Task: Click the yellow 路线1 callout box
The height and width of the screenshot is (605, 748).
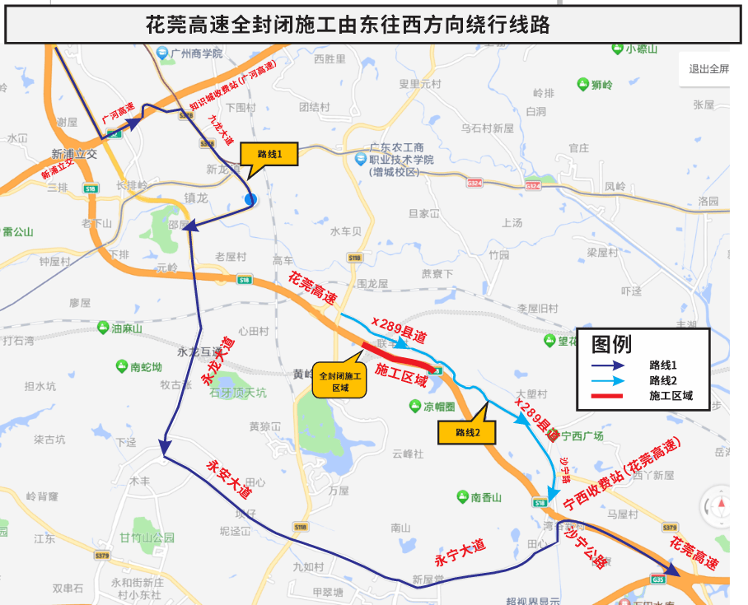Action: [x=269, y=154]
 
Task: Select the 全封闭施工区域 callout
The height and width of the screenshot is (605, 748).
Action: [x=339, y=379]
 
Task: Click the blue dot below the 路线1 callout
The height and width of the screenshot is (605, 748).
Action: [x=250, y=199]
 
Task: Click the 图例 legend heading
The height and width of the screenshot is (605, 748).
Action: [x=611, y=344]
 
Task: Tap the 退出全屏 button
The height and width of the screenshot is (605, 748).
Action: [x=708, y=69]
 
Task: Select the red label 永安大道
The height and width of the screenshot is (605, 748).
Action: [x=228, y=478]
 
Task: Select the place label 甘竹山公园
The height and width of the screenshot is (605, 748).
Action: [x=147, y=538]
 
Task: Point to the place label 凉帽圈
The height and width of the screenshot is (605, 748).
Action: [x=450, y=406]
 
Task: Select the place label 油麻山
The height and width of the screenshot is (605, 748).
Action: [x=126, y=328]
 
